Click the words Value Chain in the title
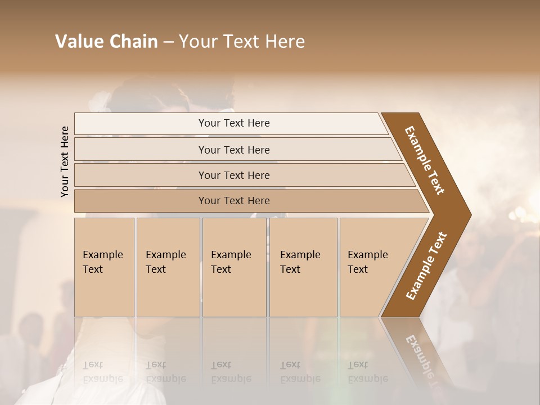pos(106,42)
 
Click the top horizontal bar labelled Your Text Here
pos(233,123)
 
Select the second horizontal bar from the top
pos(233,150)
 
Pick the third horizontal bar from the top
pos(233,175)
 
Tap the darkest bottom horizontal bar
pos(233,201)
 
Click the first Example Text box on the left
pos(104,267)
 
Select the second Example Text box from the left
pos(168,267)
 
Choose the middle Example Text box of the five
pos(234,267)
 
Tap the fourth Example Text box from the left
pos(303,267)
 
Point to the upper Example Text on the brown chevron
pos(425,160)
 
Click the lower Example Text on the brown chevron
pos(426,266)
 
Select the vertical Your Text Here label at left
pos(65,161)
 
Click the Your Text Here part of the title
pos(242,42)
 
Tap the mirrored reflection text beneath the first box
pos(102,372)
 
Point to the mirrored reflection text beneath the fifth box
pos(367,372)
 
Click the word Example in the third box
pos(231,255)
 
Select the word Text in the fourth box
pos(290,269)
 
